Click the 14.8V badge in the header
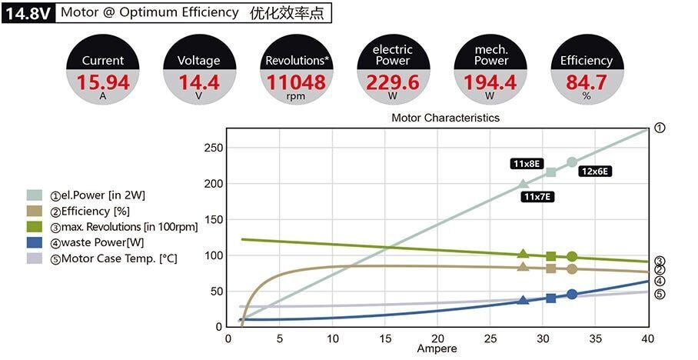coord(28,13)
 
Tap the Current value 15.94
coord(103,82)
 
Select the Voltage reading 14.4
coord(198,82)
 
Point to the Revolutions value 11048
coord(296,82)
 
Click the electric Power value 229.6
coord(393,82)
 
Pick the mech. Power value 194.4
coord(490,82)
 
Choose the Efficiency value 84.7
coord(586,82)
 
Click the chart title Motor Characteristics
coord(445,118)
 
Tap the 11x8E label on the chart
coord(527,163)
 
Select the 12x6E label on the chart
coord(595,172)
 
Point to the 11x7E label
coord(538,197)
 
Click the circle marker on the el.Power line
coord(572,162)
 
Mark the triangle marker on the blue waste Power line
coord(523,300)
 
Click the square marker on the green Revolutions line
coord(551,256)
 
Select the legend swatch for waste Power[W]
coord(35,243)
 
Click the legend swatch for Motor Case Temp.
coord(35,258)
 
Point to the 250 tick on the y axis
coord(213,148)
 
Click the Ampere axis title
coord(437,349)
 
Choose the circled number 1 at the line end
coord(659,128)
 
